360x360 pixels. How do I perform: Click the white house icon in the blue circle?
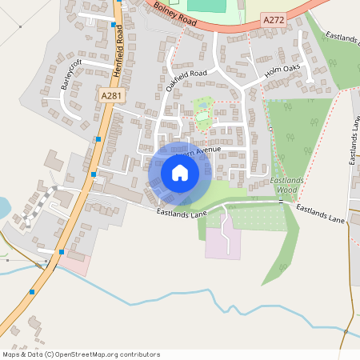click(x=180, y=173)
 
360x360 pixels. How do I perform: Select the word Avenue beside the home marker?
click(x=204, y=150)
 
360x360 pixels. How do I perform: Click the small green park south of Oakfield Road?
click(x=202, y=112)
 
